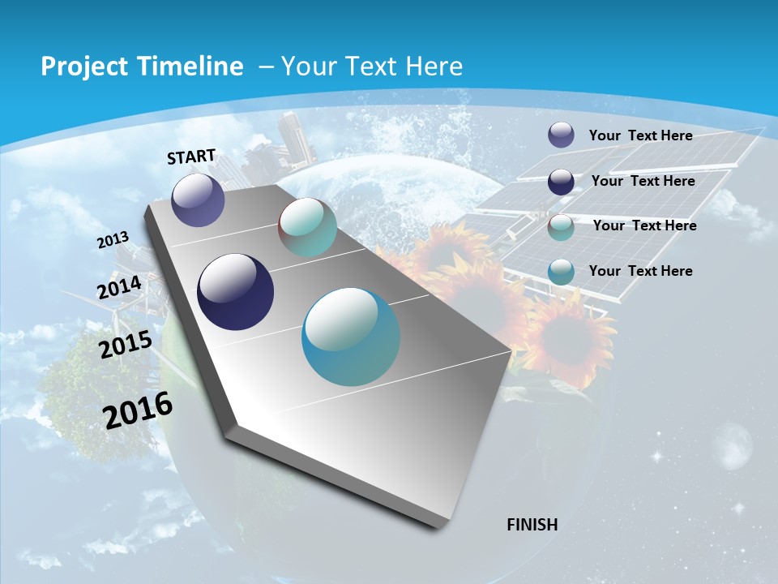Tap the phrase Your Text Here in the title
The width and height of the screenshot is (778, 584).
point(372,67)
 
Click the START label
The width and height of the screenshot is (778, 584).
point(191,157)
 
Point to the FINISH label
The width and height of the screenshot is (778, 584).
point(532,525)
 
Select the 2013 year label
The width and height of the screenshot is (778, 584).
point(113,240)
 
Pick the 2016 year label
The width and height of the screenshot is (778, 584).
point(138,410)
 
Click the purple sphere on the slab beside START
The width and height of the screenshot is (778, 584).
point(198,200)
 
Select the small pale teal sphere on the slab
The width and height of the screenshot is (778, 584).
point(307,227)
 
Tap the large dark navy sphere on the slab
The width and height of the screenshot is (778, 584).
point(236,292)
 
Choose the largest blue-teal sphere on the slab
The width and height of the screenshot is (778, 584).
point(351,337)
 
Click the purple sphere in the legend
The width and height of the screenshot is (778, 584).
point(561,135)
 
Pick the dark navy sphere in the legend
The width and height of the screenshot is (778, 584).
point(561,181)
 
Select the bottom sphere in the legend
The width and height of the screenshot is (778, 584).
point(561,272)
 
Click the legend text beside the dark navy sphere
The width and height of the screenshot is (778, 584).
point(643,181)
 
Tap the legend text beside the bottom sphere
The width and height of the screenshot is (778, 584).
point(640,271)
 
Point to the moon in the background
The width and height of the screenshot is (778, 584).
point(733,446)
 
